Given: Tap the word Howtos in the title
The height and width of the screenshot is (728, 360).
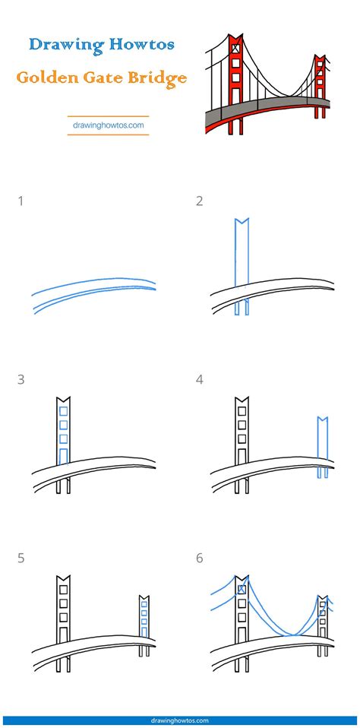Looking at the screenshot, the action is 142,45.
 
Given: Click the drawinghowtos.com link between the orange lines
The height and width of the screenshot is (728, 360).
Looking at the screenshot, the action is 108,125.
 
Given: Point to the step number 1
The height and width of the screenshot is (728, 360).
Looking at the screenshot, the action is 21,201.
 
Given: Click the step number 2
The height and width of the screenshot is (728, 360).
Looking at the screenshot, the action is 200,201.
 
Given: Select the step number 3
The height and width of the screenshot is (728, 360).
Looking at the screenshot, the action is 21,380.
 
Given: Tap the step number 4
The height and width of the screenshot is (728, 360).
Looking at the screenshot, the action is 200,380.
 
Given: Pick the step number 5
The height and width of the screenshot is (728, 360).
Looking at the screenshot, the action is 21,558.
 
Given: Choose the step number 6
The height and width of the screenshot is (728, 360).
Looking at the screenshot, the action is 200,558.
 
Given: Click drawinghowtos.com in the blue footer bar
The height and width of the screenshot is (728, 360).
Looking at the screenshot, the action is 180,721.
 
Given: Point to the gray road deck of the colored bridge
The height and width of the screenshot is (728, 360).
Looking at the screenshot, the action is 260,109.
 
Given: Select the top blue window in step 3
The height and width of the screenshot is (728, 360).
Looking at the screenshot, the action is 64,411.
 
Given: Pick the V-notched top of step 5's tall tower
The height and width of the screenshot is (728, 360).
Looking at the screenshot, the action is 63,579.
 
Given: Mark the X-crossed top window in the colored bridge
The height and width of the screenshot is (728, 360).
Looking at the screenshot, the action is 235,47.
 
